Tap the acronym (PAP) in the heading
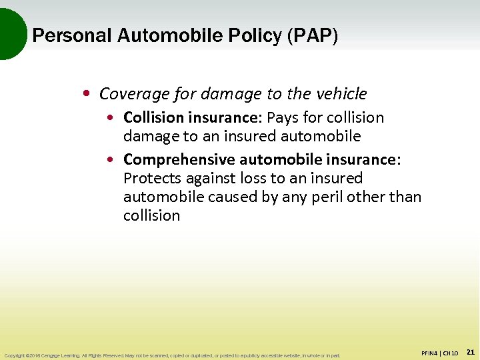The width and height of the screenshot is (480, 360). point(312,35)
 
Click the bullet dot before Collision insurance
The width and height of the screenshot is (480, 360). point(115,118)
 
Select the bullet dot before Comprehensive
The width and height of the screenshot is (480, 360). point(115,160)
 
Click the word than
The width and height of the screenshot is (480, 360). point(405,197)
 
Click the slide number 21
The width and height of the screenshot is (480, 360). point(470,351)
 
